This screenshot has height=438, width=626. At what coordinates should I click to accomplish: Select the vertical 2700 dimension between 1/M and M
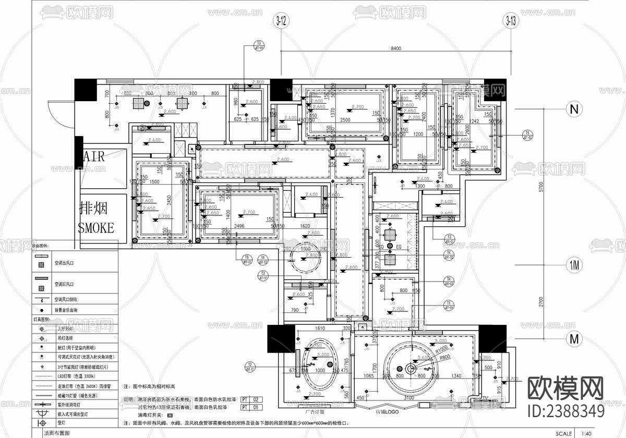pos(541,301)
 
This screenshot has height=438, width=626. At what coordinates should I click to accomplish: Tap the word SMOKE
pos(95,227)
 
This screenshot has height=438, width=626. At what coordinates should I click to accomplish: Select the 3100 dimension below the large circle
pos(409,398)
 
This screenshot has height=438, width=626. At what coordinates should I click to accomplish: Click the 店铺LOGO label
pos(387,411)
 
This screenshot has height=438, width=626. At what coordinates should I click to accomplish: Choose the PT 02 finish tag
pos(252,399)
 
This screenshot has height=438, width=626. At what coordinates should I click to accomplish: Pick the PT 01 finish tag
pos(252,407)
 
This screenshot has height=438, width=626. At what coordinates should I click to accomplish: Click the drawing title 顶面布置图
pos(56,433)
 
